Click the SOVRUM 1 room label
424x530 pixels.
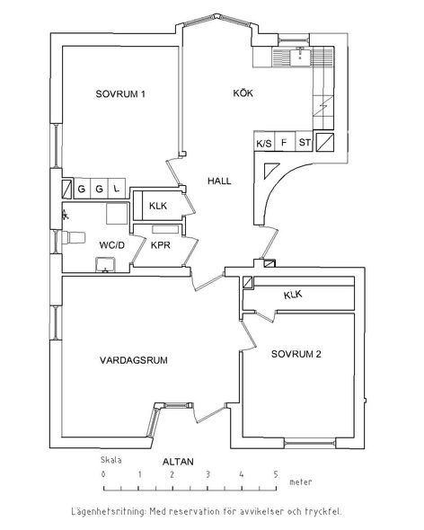120,93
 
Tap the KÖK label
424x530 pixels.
243,93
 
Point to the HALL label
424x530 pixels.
219,181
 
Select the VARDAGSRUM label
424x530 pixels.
134,360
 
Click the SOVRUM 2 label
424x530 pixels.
296,354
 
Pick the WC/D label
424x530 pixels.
112,245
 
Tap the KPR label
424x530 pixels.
160,245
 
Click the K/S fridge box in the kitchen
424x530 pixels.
264,141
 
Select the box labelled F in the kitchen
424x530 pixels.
285,141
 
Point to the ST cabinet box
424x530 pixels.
305,141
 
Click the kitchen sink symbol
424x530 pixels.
299,57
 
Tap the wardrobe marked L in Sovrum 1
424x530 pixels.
117,189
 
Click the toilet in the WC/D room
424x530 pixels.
73,238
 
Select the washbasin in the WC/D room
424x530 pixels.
106,265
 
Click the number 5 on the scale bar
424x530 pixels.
276,474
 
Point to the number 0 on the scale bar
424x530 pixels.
103,474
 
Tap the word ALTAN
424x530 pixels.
178,462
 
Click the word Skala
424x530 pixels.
110,460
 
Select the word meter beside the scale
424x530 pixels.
301,482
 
